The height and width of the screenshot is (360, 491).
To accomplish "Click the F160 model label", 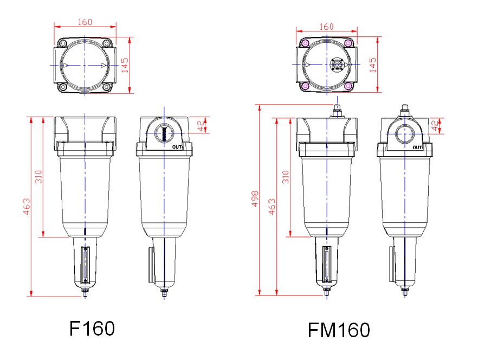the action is pyautogui.click(x=92, y=329).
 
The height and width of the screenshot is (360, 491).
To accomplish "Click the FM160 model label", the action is pyautogui.click(x=339, y=330).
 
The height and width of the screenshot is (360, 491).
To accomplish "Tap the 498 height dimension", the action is pyautogui.click(x=255, y=198).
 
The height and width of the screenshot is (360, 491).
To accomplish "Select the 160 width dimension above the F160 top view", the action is pyautogui.click(x=85, y=22).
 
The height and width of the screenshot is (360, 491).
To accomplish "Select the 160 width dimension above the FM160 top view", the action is pyautogui.click(x=326, y=27).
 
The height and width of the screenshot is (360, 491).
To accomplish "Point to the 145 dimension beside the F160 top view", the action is pyautogui.click(x=125, y=65).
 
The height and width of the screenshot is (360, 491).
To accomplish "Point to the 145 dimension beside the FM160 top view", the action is pyautogui.click(x=373, y=65).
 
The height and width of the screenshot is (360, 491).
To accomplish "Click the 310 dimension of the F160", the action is pyautogui.click(x=38, y=177).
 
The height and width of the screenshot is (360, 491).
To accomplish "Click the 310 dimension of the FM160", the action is pyautogui.click(x=286, y=177).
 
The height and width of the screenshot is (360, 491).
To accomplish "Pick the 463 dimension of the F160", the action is pyautogui.click(x=27, y=207).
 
